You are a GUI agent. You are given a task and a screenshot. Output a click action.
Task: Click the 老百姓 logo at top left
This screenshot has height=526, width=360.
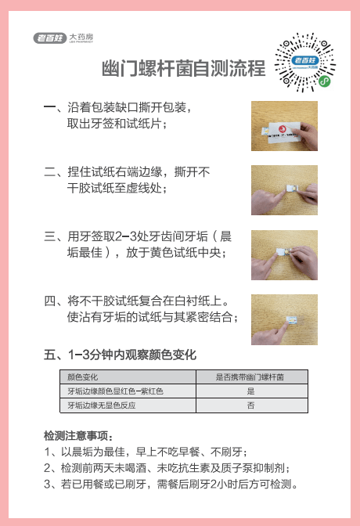point(49,38)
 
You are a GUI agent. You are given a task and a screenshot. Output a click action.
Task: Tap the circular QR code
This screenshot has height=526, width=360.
point(305,63)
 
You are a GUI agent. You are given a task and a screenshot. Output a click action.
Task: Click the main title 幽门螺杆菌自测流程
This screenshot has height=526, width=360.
point(184,68)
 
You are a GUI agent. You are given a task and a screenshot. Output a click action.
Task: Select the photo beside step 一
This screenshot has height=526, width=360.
point(284,126)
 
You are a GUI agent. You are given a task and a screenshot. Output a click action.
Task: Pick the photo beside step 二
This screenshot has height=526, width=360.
point(284,190)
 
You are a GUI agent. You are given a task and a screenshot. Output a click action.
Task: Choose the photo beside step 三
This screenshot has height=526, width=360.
point(284,255)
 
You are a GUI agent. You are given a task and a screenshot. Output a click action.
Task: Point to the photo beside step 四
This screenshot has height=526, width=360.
point(284,319)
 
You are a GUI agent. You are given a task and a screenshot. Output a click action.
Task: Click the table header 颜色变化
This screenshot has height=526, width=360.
point(82,377)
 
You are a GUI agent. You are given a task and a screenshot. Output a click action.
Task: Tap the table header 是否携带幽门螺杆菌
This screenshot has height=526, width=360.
point(250,377)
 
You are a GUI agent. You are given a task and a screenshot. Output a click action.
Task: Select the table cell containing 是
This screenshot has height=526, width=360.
point(251,391)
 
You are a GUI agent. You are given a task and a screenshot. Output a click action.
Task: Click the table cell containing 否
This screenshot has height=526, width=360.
point(251,405)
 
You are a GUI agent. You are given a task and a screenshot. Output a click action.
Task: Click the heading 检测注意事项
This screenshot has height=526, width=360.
point(78,436)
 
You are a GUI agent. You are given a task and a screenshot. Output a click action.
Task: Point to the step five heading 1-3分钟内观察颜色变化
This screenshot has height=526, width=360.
point(120,355)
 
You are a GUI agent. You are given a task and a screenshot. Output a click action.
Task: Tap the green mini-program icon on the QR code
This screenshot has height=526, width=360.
point(324,81)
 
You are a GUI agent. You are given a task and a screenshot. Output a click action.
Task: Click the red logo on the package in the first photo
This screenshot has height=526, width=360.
point(283,129)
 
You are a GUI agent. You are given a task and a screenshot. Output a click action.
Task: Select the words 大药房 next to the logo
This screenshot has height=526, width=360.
point(81,37)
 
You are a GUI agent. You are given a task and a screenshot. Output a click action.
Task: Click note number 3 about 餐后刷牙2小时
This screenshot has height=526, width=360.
point(171,484)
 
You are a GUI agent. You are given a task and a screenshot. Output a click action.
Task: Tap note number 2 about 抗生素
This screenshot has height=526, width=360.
point(167,468)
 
